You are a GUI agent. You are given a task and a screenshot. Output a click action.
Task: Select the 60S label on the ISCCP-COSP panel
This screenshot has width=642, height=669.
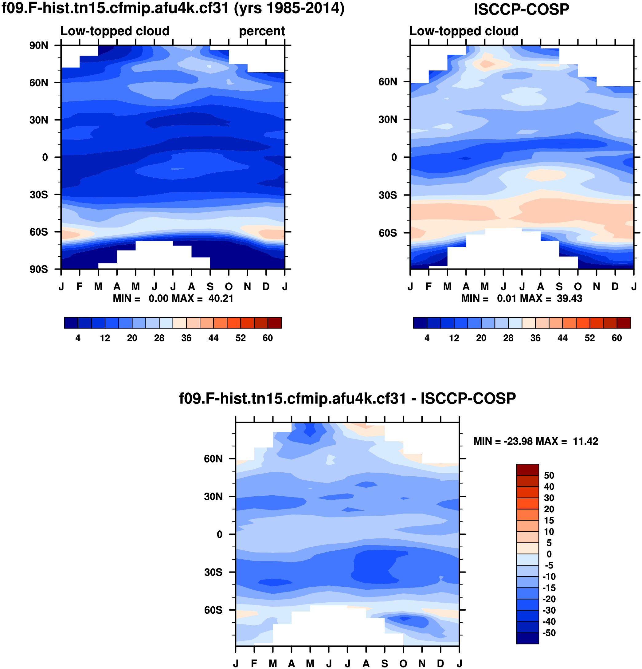(388, 233)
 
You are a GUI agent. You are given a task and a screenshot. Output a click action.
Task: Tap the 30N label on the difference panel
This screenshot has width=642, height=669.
(213, 497)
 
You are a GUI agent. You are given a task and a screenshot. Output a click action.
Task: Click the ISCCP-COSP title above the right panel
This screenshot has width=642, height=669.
(521, 9)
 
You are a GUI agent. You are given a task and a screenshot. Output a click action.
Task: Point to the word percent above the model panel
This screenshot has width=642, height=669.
(262, 31)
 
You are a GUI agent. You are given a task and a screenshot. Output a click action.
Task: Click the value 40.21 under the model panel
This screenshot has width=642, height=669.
(221, 299)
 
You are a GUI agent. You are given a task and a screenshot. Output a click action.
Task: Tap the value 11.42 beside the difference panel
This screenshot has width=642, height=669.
(585, 441)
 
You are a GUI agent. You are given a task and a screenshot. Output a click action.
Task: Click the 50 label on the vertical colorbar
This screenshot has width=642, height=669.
(549, 475)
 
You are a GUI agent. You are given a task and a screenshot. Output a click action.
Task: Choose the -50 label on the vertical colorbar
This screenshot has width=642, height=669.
(549, 633)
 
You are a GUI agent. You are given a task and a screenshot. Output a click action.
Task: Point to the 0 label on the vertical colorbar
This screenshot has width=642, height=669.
(549, 554)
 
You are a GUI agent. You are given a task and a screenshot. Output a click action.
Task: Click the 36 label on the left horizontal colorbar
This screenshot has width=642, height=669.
(186, 338)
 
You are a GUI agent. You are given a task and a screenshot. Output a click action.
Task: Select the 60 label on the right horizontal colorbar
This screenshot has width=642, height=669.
(617, 338)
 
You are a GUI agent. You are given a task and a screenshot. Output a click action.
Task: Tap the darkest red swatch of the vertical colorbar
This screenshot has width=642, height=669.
(527, 469)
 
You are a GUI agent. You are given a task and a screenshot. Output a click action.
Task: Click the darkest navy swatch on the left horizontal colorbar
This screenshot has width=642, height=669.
(71, 323)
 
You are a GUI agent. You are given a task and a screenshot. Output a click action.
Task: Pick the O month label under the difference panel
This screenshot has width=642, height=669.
(403, 663)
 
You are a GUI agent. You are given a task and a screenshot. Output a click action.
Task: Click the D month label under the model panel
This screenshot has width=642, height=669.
(266, 286)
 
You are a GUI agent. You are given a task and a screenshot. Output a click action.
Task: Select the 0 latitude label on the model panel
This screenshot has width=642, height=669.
(45, 157)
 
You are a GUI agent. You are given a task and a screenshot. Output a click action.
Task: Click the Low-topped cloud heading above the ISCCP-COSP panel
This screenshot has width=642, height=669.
(464, 31)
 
